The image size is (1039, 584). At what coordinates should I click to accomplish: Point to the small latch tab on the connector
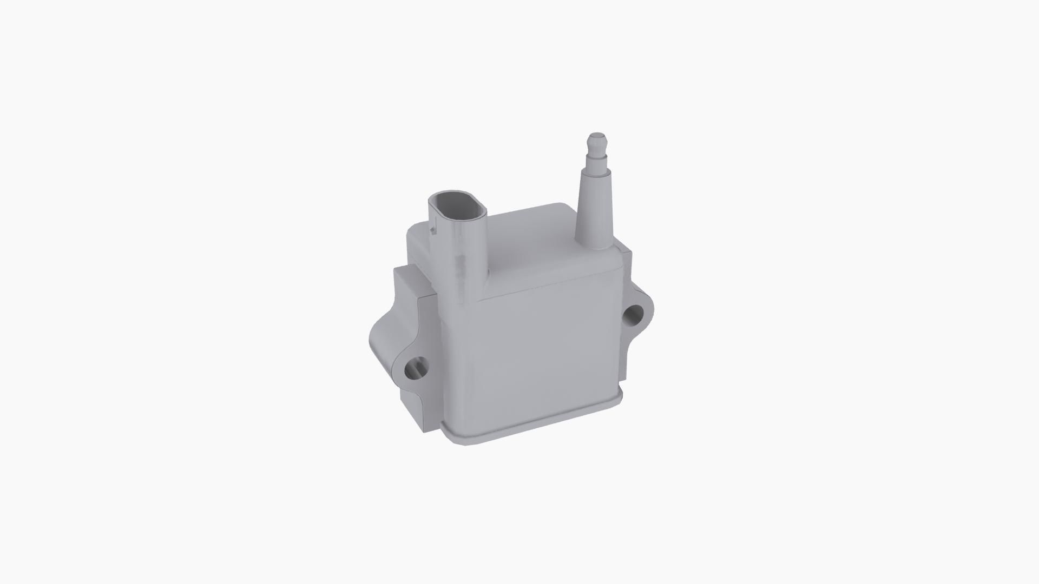tap(432, 230)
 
